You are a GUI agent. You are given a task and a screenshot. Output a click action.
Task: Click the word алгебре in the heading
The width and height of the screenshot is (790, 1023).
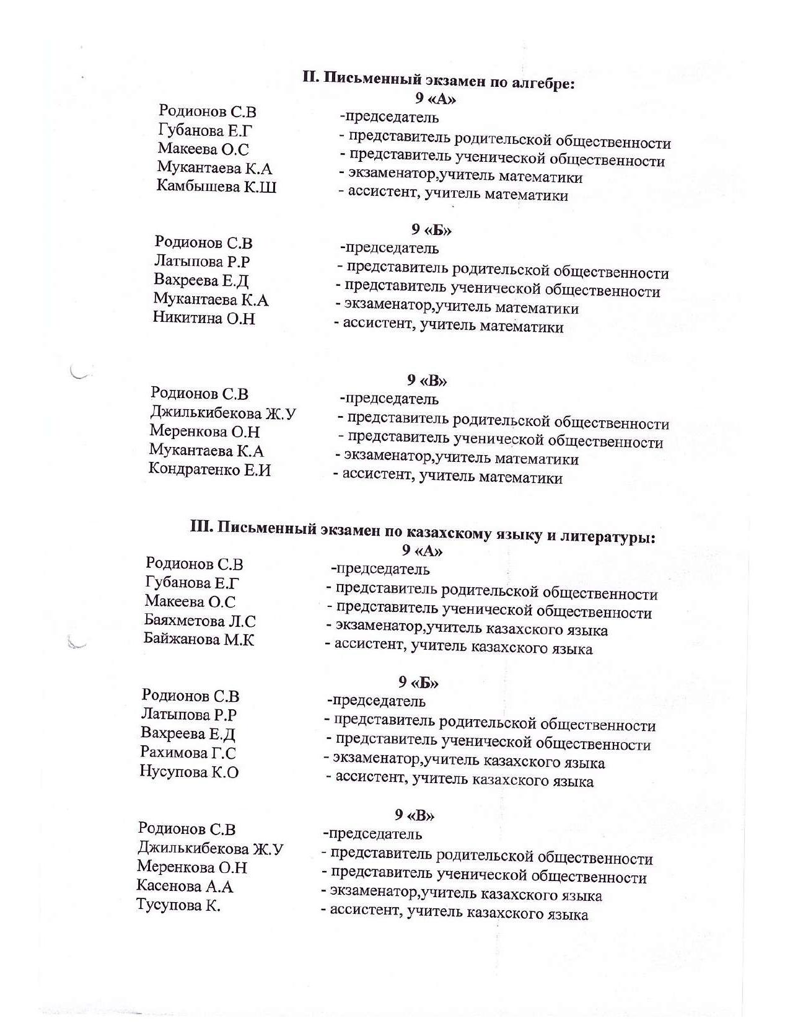542,83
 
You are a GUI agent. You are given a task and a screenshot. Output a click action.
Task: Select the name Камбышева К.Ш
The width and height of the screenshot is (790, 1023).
216,187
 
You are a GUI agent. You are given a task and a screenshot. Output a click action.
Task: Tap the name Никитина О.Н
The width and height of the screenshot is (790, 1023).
204,319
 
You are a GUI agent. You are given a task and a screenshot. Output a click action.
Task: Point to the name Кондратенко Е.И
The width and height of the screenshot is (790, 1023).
209,470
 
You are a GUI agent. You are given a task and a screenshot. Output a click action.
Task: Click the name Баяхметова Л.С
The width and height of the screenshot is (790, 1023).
200,620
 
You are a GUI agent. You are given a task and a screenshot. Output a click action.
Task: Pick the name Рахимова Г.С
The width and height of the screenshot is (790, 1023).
188,753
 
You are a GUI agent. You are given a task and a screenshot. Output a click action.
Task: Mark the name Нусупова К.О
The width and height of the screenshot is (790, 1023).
189,772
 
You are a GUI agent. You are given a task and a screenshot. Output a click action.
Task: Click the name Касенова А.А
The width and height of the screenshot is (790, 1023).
185,886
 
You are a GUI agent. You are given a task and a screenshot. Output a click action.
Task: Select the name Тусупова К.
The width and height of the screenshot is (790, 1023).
178,905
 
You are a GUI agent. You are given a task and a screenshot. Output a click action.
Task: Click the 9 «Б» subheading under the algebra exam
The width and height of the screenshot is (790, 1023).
431,230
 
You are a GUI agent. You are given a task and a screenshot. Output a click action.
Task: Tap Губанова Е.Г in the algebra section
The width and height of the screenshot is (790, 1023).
206,131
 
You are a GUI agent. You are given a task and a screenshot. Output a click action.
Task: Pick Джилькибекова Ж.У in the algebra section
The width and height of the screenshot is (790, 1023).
223,413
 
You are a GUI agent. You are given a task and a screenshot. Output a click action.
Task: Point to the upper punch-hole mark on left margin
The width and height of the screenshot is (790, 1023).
79,373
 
